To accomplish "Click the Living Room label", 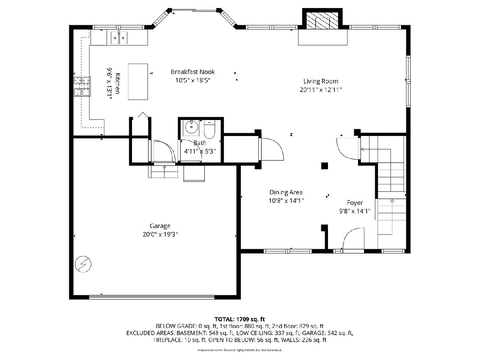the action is [x=320, y=81].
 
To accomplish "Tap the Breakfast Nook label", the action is [x=193, y=72].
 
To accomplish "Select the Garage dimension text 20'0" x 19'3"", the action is [x=160, y=234].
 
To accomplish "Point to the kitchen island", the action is [x=138, y=82].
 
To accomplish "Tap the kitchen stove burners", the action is [x=82, y=86].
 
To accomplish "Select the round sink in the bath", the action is [x=192, y=126].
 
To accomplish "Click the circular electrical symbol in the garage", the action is [x=83, y=264].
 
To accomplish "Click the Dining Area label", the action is [x=286, y=192].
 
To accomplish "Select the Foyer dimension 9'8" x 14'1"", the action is [x=355, y=211].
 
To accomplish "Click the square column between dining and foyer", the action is [x=324, y=166].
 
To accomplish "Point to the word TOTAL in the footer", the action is [x=224, y=319].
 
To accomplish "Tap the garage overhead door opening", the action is [x=152, y=297].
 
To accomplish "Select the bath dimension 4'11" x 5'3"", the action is [x=200, y=151].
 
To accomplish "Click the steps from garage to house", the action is [x=163, y=172].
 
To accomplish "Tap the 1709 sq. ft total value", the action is [x=250, y=319].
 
